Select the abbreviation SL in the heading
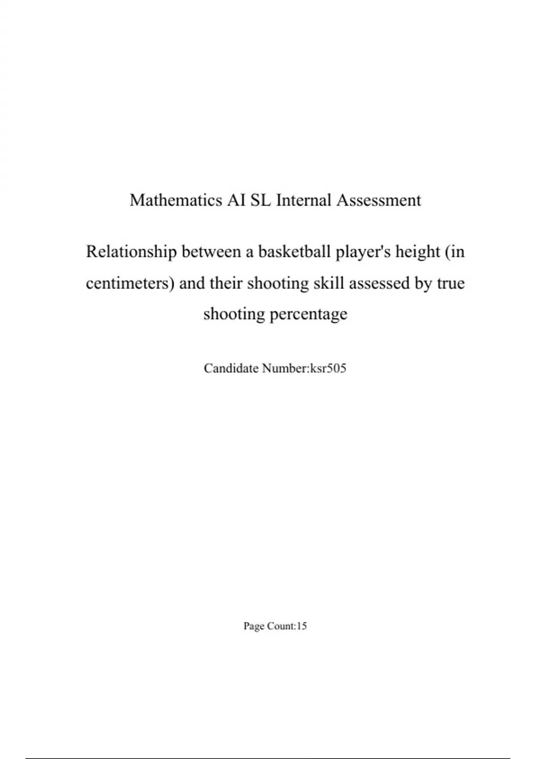(261, 200)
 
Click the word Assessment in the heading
(378, 200)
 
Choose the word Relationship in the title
(131, 252)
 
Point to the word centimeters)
(130, 283)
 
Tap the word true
(450, 283)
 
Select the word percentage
(308, 314)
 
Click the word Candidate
(231, 368)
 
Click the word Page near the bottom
(253, 626)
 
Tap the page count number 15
(301, 626)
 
